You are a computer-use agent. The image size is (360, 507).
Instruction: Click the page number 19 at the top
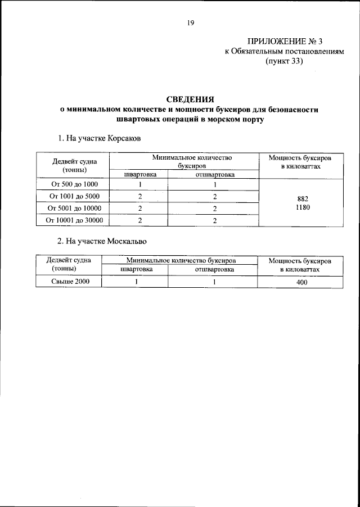point(190,23)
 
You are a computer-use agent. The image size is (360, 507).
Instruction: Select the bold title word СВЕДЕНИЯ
point(190,99)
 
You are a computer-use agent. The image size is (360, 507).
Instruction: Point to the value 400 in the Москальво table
point(302,283)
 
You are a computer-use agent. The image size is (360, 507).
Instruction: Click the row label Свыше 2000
point(69,282)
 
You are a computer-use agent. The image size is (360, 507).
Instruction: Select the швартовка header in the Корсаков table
point(139,174)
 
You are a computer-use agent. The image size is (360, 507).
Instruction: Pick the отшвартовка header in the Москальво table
point(214,270)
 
